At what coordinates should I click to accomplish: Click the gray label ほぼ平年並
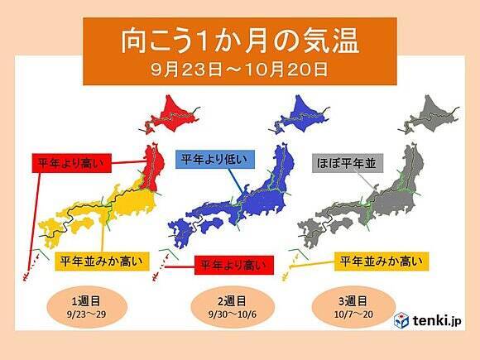point(347,163)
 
